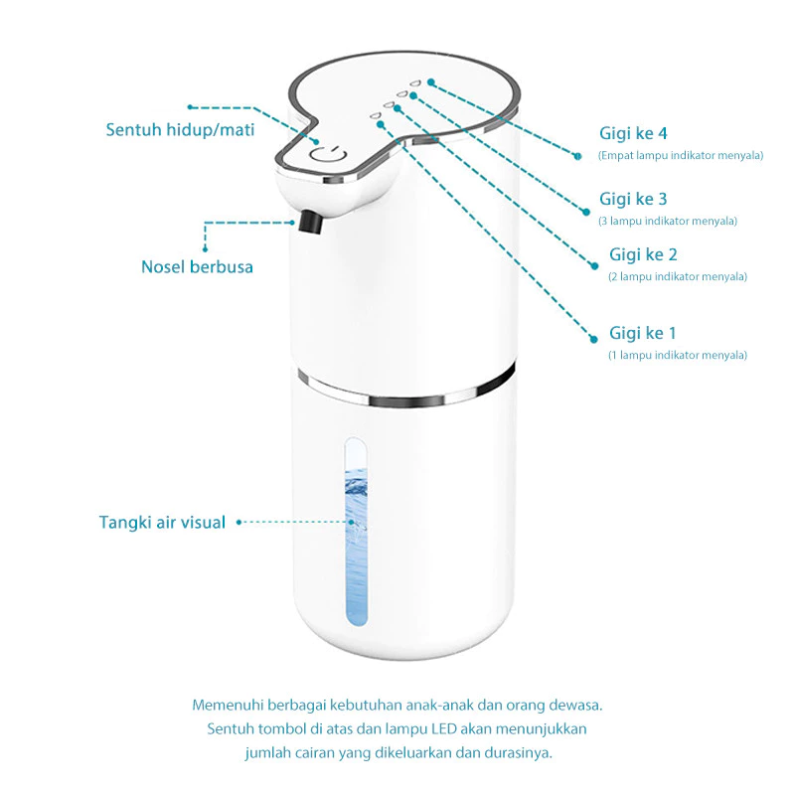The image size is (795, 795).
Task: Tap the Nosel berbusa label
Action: pyautogui.click(x=197, y=266)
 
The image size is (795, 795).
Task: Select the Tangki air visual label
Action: pyautogui.click(x=162, y=522)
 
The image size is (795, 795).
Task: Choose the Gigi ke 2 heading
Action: pyautogui.click(x=643, y=254)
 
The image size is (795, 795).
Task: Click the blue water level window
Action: pyautogui.click(x=355, y=537)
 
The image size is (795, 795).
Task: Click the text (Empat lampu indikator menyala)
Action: pyautogui.click(x=681, y=155)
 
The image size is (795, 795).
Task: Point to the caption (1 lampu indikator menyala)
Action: pyautogui.click(x=678, y=355)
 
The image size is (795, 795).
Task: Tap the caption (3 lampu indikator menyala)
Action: pyautogui.click(x=668, y=221)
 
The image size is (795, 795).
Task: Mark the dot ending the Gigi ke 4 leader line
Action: pyautogui.click(x=576, y=155)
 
